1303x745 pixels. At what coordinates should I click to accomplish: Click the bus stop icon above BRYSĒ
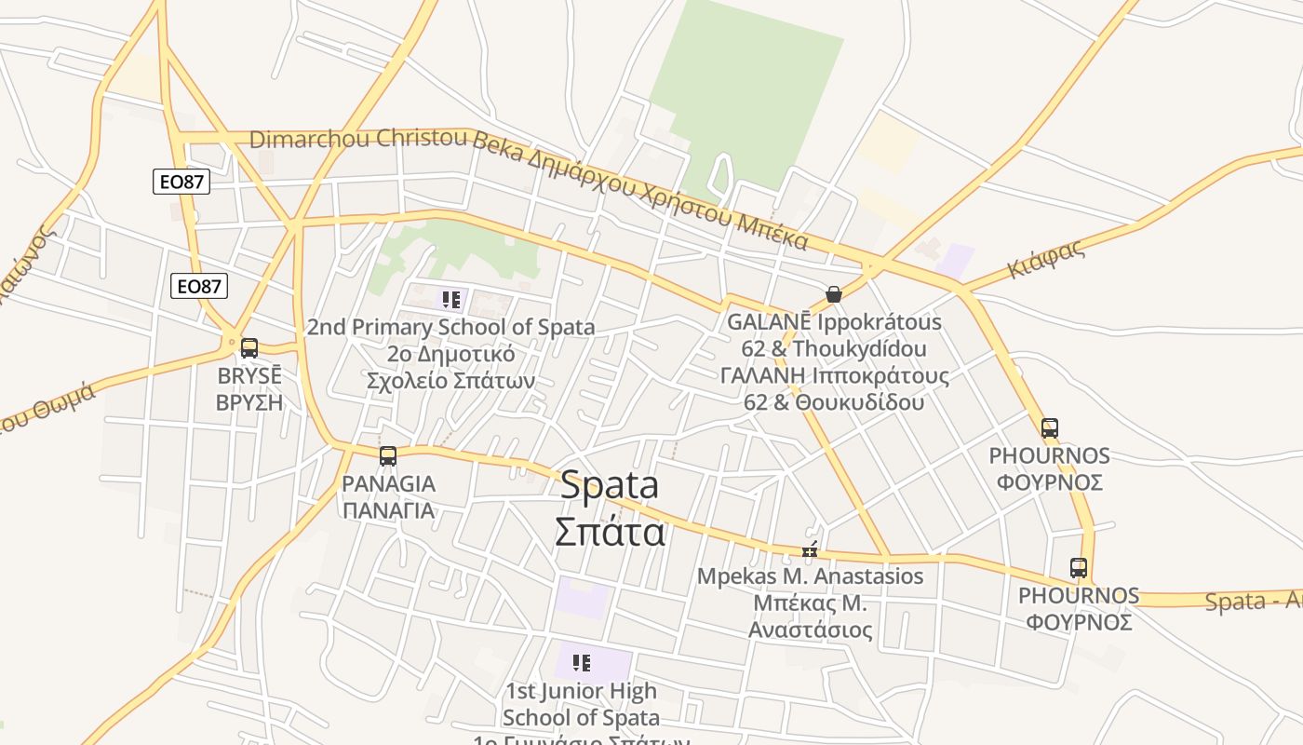(x=249, y=348)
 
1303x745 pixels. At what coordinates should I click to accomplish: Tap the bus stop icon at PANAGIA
(x=388, y=456)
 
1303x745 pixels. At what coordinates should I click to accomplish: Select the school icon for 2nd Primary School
(x=451, y=300)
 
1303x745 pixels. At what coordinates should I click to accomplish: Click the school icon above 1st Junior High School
(x=582, y=663)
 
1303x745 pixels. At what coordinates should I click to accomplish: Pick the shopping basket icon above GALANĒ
(x=834, y=294)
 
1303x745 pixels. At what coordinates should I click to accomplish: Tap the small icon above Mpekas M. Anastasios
(x=810, y=549)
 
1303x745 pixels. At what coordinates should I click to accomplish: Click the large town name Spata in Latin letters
(x=610, y=484)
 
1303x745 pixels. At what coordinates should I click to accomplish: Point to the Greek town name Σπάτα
(x=610, y=532)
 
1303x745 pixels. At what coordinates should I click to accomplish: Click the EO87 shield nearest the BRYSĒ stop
(x=199, y=286)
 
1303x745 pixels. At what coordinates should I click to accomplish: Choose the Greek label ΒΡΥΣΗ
(x=249, y=403)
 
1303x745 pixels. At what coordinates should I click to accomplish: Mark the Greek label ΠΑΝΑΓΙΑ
(x=388, y=510)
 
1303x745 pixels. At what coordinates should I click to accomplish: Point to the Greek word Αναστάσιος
(x=811, y=630)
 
